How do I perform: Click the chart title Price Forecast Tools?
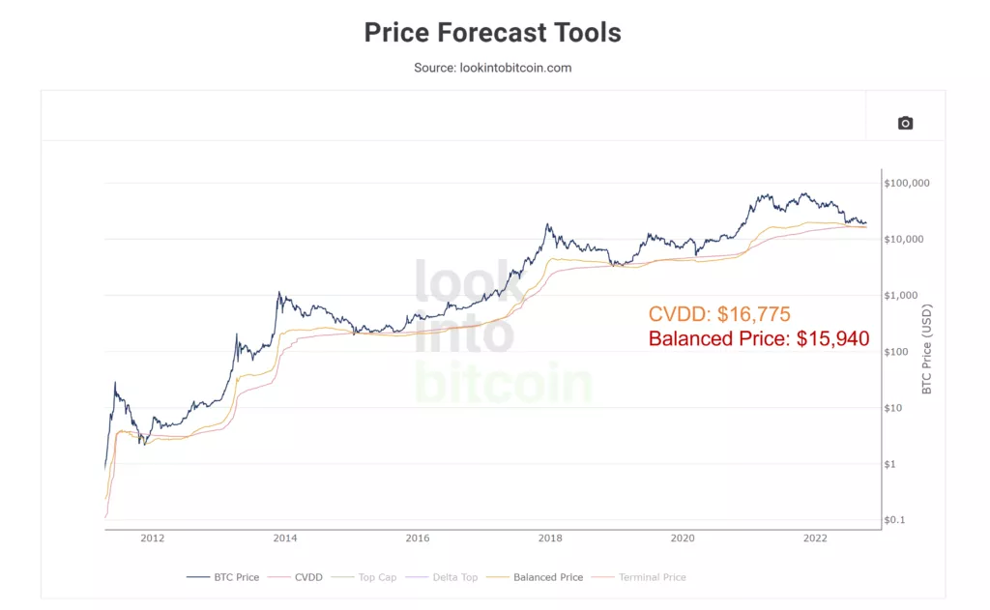492,32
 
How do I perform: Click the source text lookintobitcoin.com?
492,68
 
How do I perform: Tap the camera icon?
905,123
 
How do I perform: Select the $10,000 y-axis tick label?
908,239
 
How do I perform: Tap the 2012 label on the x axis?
152,537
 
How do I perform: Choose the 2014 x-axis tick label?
284,537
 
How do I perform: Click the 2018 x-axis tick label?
550,537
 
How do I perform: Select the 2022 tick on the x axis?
815,537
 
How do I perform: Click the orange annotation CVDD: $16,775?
719,314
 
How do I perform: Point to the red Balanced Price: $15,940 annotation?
759,339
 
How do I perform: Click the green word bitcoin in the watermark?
503,384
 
